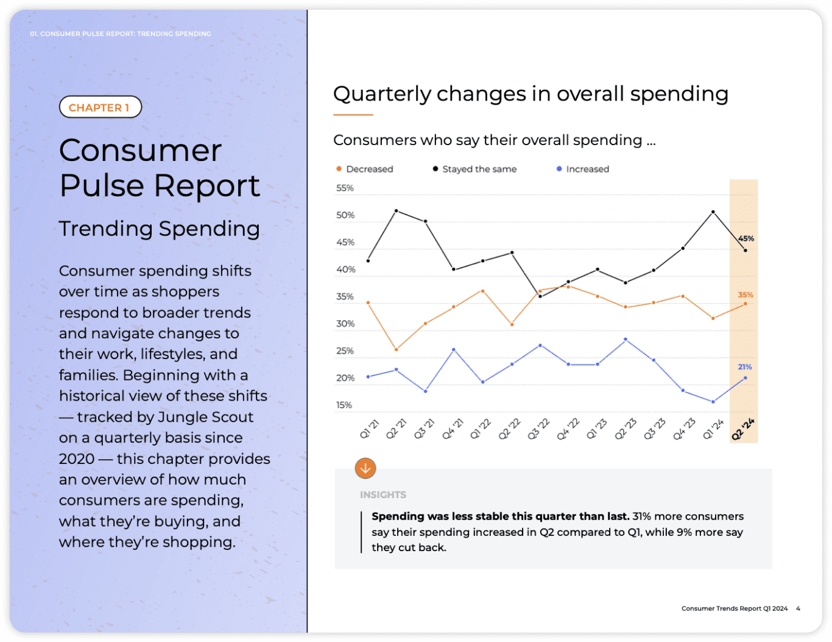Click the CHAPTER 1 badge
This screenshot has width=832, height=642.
[100, 107]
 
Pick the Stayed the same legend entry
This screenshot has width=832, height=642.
[474, 169]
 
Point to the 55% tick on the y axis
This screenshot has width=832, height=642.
[345, 188]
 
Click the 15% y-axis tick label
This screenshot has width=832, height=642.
[344, 405]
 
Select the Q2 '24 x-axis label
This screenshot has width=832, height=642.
[742, 429]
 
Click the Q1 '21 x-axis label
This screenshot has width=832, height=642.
[369, 429]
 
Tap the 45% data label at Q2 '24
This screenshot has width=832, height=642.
[746, 238]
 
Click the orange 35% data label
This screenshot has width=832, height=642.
[746, 295]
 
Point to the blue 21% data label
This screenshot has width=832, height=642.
[745, 367]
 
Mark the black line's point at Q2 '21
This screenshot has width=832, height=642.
[397, 211]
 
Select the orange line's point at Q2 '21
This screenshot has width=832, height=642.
[397, 349]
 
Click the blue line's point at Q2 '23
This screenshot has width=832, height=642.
[626, 339]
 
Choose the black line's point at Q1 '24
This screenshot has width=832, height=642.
[713, 212]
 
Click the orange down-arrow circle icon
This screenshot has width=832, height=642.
[365, 468]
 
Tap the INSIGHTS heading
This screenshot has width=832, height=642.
[383, 495]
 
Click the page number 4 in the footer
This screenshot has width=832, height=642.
[798, 608]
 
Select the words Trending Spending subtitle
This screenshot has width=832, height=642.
[159, 229]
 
